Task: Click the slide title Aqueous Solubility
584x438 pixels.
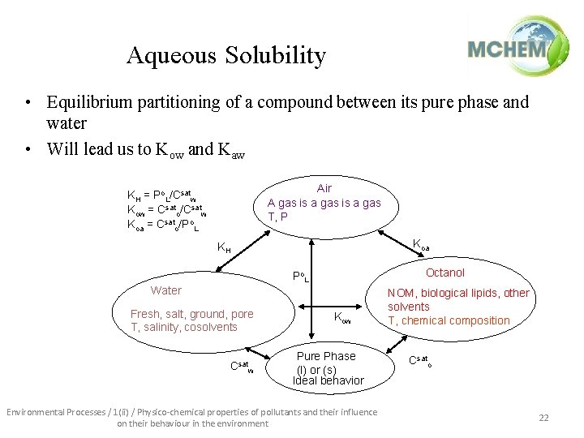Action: tap(226, 55)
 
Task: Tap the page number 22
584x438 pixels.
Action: tap(543, 417)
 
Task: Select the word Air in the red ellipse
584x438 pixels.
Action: tap(324, 189)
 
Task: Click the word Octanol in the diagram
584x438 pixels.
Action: tap(445, 273)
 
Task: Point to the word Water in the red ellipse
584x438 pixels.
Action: tap(166, 290)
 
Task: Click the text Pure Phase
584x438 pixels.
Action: tap(326, 356)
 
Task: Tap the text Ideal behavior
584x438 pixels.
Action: tap(328, 380)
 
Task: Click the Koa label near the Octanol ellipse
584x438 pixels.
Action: tap(422, 243)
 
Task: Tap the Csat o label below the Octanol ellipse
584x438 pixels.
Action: tap(419, 360)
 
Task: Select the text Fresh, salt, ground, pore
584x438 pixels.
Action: tap(192, 314)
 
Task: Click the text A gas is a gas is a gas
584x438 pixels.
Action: tap(324, 203)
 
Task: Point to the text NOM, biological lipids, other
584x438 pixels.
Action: tap(458, 294)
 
